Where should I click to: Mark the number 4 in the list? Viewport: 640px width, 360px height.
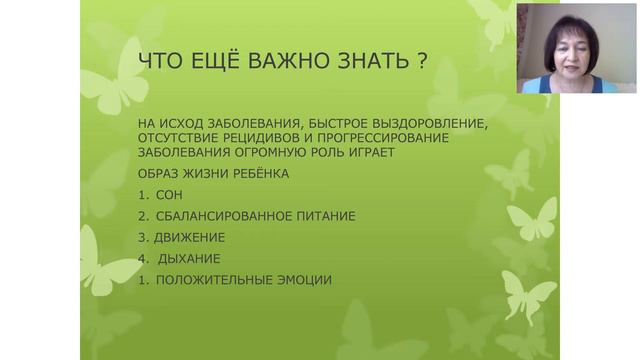[x=143, y=258]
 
